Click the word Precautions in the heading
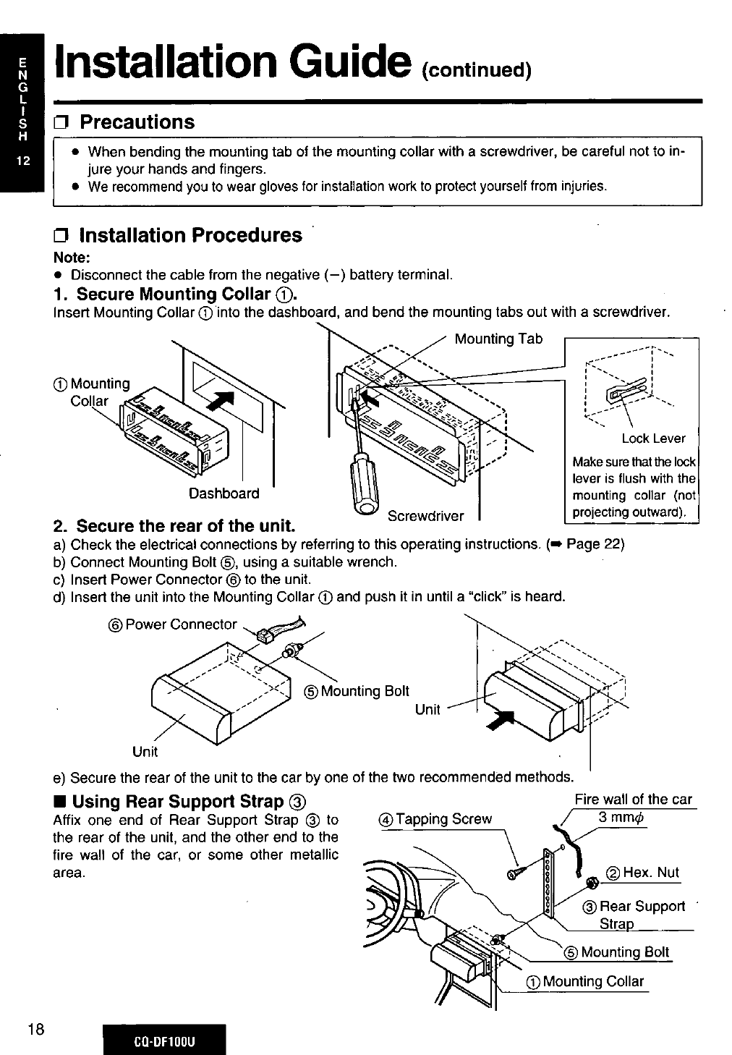[137, 122]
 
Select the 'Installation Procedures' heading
[190, 235]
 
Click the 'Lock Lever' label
[653, 438]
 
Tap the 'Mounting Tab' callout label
[498, 339]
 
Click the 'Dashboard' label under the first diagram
[224, 493]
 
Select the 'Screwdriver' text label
[425, 516]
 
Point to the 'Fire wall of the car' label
[633, 799]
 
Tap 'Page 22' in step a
[595, 544]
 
